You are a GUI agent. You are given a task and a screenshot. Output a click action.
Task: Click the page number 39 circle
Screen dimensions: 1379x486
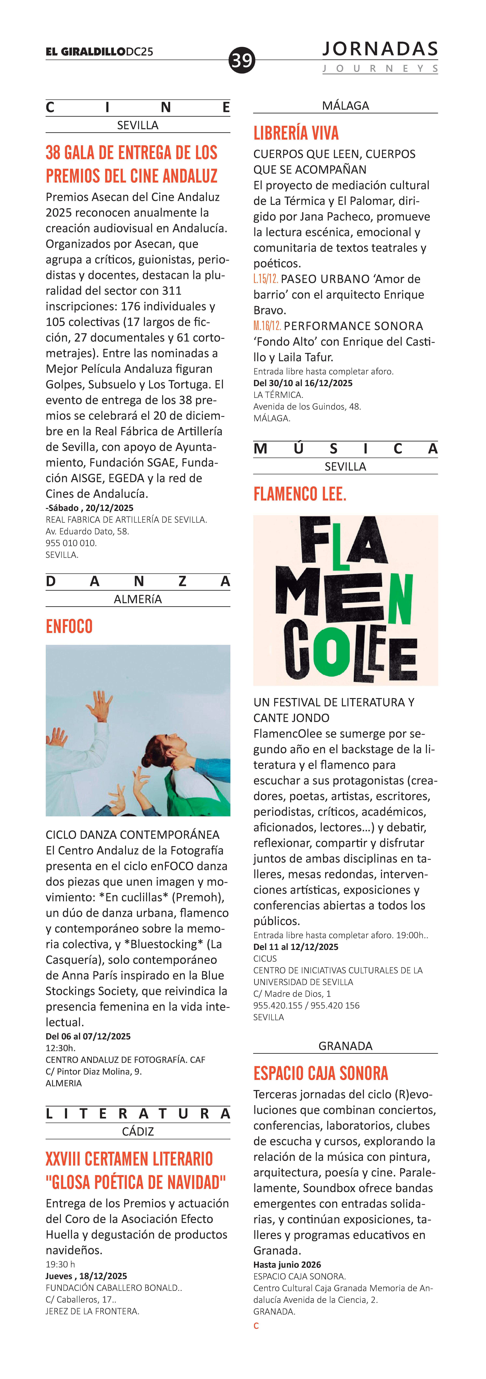[x=242, y=60]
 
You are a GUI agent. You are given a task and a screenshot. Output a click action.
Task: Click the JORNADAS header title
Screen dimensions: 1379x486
[x=380, y=49]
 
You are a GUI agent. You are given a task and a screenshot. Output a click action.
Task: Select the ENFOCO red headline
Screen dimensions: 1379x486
[x=69, y=626]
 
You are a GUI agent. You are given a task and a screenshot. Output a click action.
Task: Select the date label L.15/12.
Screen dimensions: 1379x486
[x=266, y=279]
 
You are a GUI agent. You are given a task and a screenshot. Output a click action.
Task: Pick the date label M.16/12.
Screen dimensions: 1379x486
[x=267, y=326]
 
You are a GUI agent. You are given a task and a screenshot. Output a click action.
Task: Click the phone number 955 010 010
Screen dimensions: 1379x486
[x=71, y=543]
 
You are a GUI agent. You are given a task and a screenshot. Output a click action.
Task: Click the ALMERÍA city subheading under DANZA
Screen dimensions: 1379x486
[x=138, y=599]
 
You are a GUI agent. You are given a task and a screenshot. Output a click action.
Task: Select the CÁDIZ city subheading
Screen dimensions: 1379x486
[x=138, y=1132]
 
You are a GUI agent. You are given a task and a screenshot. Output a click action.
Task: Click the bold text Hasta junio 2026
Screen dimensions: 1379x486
[x=287, y=1264]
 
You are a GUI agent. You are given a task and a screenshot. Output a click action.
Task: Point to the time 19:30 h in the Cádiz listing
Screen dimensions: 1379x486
[x=60, y=1264]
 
